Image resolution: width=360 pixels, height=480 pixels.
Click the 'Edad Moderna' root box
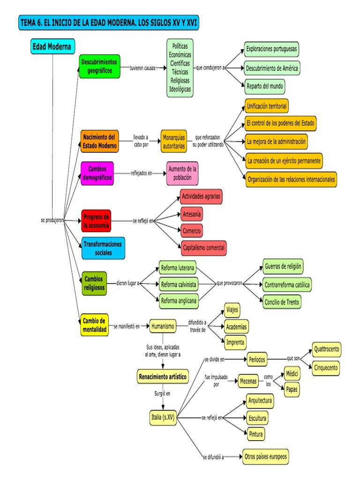click(x=52, y=47)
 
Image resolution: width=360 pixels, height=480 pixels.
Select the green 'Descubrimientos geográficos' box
click(x=100, y=66)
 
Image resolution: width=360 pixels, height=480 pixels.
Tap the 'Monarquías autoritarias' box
click(x=174, y=142)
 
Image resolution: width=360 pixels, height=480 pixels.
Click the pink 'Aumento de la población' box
click(x=182, y=173)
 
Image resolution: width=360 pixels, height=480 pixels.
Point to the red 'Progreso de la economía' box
click(x=96, y=221)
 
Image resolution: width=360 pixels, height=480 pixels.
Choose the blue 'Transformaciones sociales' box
click(x=103, y=248)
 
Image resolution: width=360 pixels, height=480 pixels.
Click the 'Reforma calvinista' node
click(x=178, y=285)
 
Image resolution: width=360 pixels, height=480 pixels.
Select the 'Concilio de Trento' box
click(x=281, y=302)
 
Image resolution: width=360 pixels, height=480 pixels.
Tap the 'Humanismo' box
click(x=163, y=326)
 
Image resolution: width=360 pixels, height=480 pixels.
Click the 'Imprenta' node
click(x=235, y=342)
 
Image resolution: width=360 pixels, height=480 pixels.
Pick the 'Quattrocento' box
click(x=327, y=350)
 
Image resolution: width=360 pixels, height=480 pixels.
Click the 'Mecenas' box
click(x=248, y=381)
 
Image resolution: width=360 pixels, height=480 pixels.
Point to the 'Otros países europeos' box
click(x=265, y=457)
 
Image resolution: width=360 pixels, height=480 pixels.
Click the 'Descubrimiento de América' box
click(x=271, y=68)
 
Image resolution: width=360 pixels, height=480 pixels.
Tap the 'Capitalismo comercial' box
click(x=203, y=247)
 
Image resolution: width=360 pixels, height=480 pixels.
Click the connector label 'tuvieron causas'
click(x=143, y=68)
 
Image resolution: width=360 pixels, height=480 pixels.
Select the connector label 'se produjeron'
click(x=52, y=220)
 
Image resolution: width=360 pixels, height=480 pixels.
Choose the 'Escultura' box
click(x=257, y=418)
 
